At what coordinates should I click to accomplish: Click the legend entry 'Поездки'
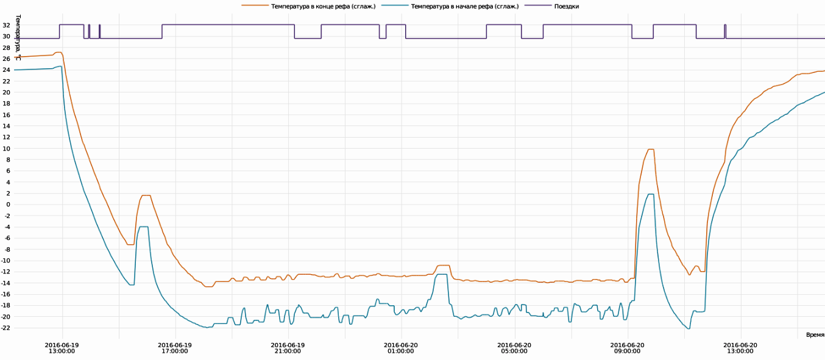point(566,6)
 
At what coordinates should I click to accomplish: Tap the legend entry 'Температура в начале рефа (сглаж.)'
point(465,6)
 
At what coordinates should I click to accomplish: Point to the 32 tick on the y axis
point(5,25)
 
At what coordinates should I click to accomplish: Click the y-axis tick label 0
point(7,205)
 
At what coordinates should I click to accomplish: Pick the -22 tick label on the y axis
point(5,328)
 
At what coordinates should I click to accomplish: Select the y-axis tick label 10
point(5,149)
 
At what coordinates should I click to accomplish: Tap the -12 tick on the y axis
point(5,272)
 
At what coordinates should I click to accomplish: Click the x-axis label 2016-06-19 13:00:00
point(62,347)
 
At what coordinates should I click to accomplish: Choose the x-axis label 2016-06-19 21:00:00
point(288,347)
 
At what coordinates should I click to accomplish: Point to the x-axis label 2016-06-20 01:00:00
point(401,347)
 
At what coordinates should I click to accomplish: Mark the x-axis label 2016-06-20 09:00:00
point(628,347)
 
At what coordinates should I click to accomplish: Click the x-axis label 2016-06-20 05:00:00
point(514,347)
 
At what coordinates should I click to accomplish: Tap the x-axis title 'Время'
point(815,334)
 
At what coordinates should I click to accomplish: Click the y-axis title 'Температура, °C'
point(18,37)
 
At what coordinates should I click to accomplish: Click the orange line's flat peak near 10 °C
point(651,149)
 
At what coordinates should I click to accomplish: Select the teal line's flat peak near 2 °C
point(651,194)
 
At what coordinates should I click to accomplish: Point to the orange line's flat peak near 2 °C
point(146,196)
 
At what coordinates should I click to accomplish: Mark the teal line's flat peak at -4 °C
point(144,227)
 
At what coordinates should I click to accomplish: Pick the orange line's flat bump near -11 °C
point(443,266)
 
